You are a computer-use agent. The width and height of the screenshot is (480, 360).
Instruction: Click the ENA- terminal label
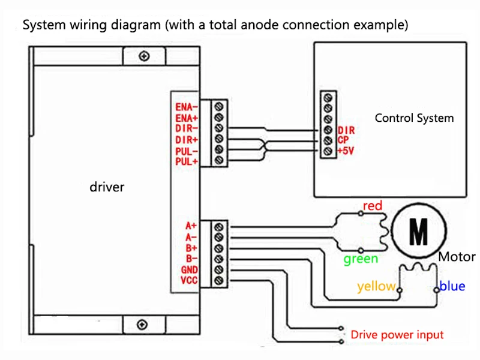coord(187,107)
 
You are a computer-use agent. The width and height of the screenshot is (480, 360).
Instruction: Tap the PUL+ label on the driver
coord(187,161)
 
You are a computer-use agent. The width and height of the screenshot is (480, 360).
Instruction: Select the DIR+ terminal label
coord(187,140)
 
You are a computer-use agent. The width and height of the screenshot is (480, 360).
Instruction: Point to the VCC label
coord(189,280)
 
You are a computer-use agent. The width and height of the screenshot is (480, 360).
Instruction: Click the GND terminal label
coord(189,269)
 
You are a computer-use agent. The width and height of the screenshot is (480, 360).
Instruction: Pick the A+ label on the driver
coord(191,226)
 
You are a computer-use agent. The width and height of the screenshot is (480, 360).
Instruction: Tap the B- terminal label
coord(191,259)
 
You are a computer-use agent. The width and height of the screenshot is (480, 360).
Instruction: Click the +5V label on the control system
coord(346,151)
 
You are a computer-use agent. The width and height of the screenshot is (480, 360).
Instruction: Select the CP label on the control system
coord(343,140)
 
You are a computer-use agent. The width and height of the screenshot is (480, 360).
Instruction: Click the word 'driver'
coord(107,187)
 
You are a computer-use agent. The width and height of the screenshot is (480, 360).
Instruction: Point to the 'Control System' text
coord(414,118)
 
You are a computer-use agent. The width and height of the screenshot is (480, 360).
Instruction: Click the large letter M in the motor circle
coord(418,232)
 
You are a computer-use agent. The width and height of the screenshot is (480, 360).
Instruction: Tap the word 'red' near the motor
coord(373,206)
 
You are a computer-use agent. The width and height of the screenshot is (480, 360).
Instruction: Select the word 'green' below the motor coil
coord(361,259)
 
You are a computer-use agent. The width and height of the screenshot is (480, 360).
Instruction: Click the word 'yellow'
coord(376,287)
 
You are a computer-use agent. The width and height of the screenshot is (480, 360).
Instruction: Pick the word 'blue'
coord(452,286)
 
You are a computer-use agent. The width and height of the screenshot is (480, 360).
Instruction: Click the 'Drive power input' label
coord(397,335)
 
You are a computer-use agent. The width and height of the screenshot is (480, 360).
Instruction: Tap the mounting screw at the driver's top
coord(144,56)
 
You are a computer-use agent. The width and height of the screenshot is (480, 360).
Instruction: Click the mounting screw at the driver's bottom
coord(142,325)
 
